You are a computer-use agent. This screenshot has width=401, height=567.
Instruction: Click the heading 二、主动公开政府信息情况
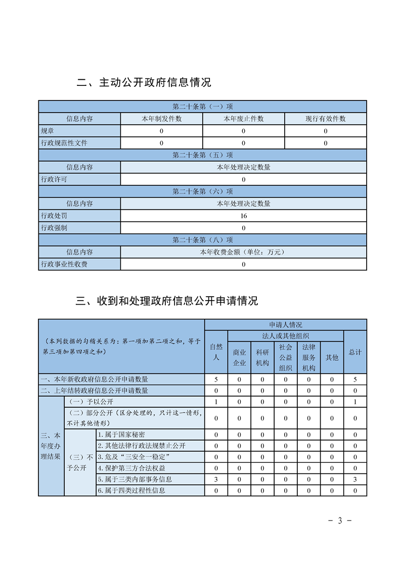144,82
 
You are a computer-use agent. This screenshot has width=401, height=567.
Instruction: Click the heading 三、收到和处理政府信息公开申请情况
167,301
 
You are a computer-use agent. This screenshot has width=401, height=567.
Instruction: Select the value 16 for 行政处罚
244,216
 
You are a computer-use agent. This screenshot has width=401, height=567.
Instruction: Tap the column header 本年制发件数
161,119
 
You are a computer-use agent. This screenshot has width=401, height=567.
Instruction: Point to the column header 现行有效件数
325,119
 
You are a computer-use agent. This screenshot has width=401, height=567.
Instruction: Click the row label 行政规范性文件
64,143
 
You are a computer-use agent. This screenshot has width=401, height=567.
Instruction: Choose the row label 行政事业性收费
64,264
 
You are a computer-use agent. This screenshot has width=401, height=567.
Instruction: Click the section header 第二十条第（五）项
202,155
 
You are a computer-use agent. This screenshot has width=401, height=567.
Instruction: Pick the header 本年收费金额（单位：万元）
244,252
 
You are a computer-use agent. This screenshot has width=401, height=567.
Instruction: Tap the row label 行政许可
54,179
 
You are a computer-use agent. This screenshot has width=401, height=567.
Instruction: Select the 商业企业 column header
239,357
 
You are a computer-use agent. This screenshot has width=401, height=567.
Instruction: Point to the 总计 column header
355,352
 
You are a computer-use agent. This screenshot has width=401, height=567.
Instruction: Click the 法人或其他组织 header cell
286,336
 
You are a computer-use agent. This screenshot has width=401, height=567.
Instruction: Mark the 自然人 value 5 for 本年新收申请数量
216,379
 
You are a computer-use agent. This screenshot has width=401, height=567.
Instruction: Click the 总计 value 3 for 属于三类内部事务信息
355,479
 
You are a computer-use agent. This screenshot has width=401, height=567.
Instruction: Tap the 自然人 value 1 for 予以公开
216,402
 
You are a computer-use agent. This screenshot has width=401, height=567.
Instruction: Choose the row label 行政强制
54,228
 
